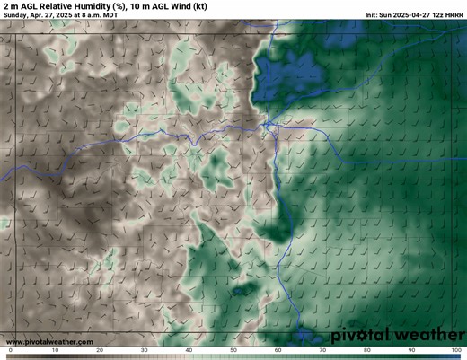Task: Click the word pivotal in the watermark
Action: pyautogui.click(x=362, y=335)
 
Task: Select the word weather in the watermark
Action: pyautogui.click(x=427, y=335)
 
